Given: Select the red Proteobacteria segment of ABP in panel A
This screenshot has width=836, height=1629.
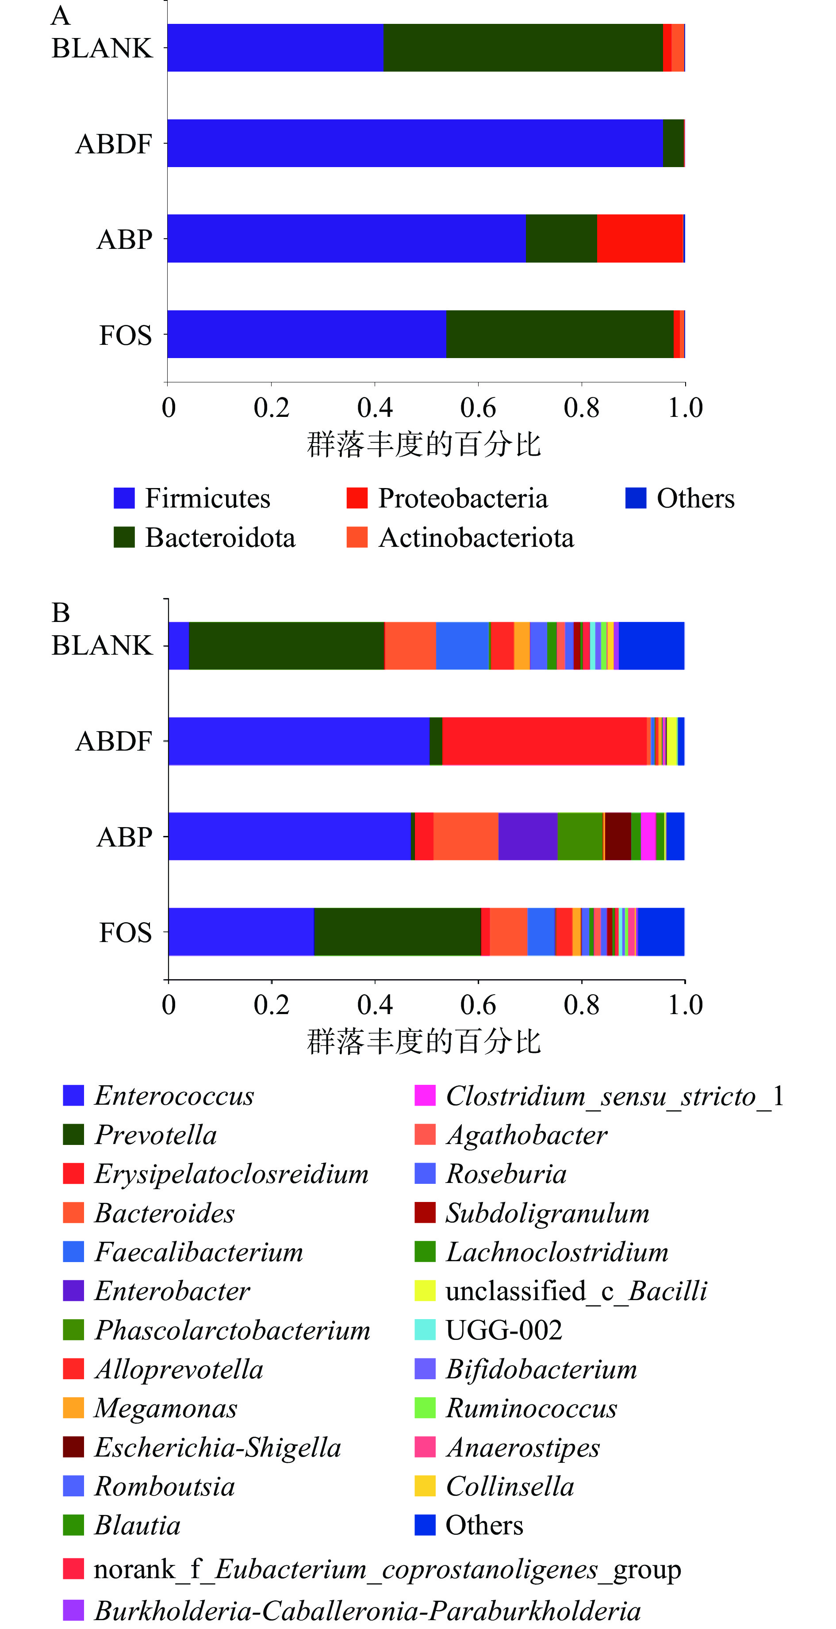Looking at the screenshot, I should coord(639,238).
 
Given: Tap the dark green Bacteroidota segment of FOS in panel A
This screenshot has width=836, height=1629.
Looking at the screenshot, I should coord(560,334).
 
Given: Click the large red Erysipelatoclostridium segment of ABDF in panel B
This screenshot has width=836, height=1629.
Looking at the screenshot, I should coord(544,741).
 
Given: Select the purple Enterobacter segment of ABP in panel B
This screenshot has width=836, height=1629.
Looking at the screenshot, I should coord(528,836).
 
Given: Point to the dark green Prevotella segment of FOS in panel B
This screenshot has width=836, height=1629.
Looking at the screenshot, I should coord(398,931).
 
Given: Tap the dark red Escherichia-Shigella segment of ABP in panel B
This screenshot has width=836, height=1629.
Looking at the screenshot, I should coord(617,836).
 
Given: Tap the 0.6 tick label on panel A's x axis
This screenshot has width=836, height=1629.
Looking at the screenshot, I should coord(478,408).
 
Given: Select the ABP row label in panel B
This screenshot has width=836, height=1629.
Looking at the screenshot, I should coord(125,837).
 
